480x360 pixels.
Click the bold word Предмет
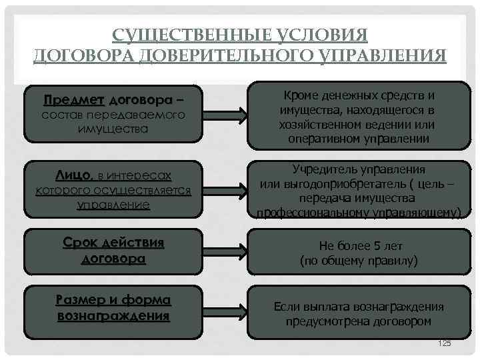click(74, 100)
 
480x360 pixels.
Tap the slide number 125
click(444, 343)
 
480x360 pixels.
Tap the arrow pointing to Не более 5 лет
click(225, 251)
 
